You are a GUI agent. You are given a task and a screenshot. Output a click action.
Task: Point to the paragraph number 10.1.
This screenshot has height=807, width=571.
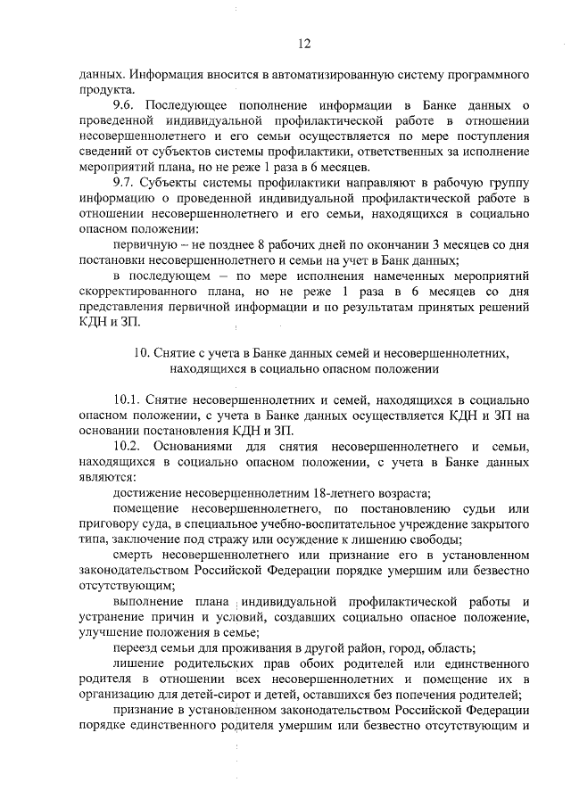(130, 400)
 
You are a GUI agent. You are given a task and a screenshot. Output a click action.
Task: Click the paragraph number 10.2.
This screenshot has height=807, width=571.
(130, 446)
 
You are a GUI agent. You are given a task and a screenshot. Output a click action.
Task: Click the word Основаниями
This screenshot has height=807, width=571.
(193, 446)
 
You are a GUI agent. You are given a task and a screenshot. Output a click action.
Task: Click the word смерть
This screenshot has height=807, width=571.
(137, 555)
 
